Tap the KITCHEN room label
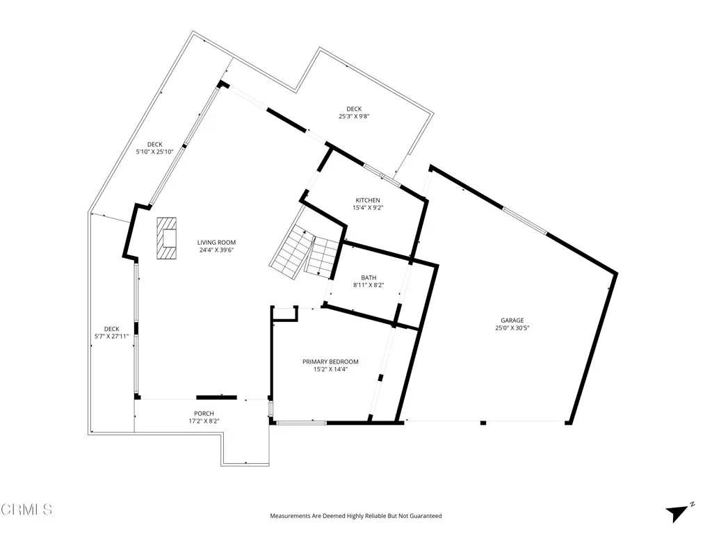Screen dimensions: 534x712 coord(368,200)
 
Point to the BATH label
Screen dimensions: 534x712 coord(369,277)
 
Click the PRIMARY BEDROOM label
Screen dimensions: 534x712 coord(330,362)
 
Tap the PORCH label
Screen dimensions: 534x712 coord(204,413)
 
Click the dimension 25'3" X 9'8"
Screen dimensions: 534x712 coord(354,117)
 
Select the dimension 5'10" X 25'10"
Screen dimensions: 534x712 coord(154,152)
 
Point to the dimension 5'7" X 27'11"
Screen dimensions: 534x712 coord(112,337)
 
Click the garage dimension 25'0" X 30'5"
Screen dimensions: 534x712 coord(512,328)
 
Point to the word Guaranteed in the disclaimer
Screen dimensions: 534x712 coord(426,516)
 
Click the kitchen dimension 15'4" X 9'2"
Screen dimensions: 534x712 coord(368,207)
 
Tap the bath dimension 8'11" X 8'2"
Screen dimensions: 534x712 coord(369,285)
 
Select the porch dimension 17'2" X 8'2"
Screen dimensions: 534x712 coord(204,421)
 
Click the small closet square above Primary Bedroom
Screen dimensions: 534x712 coord(285,315)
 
